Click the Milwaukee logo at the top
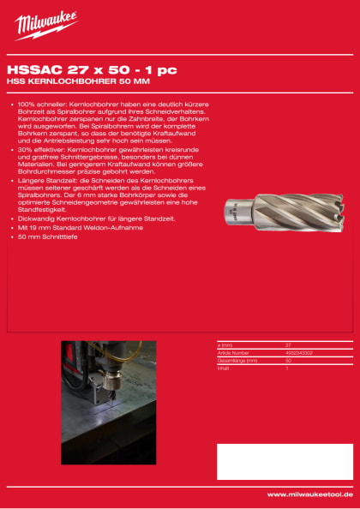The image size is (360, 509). point(45,25)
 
